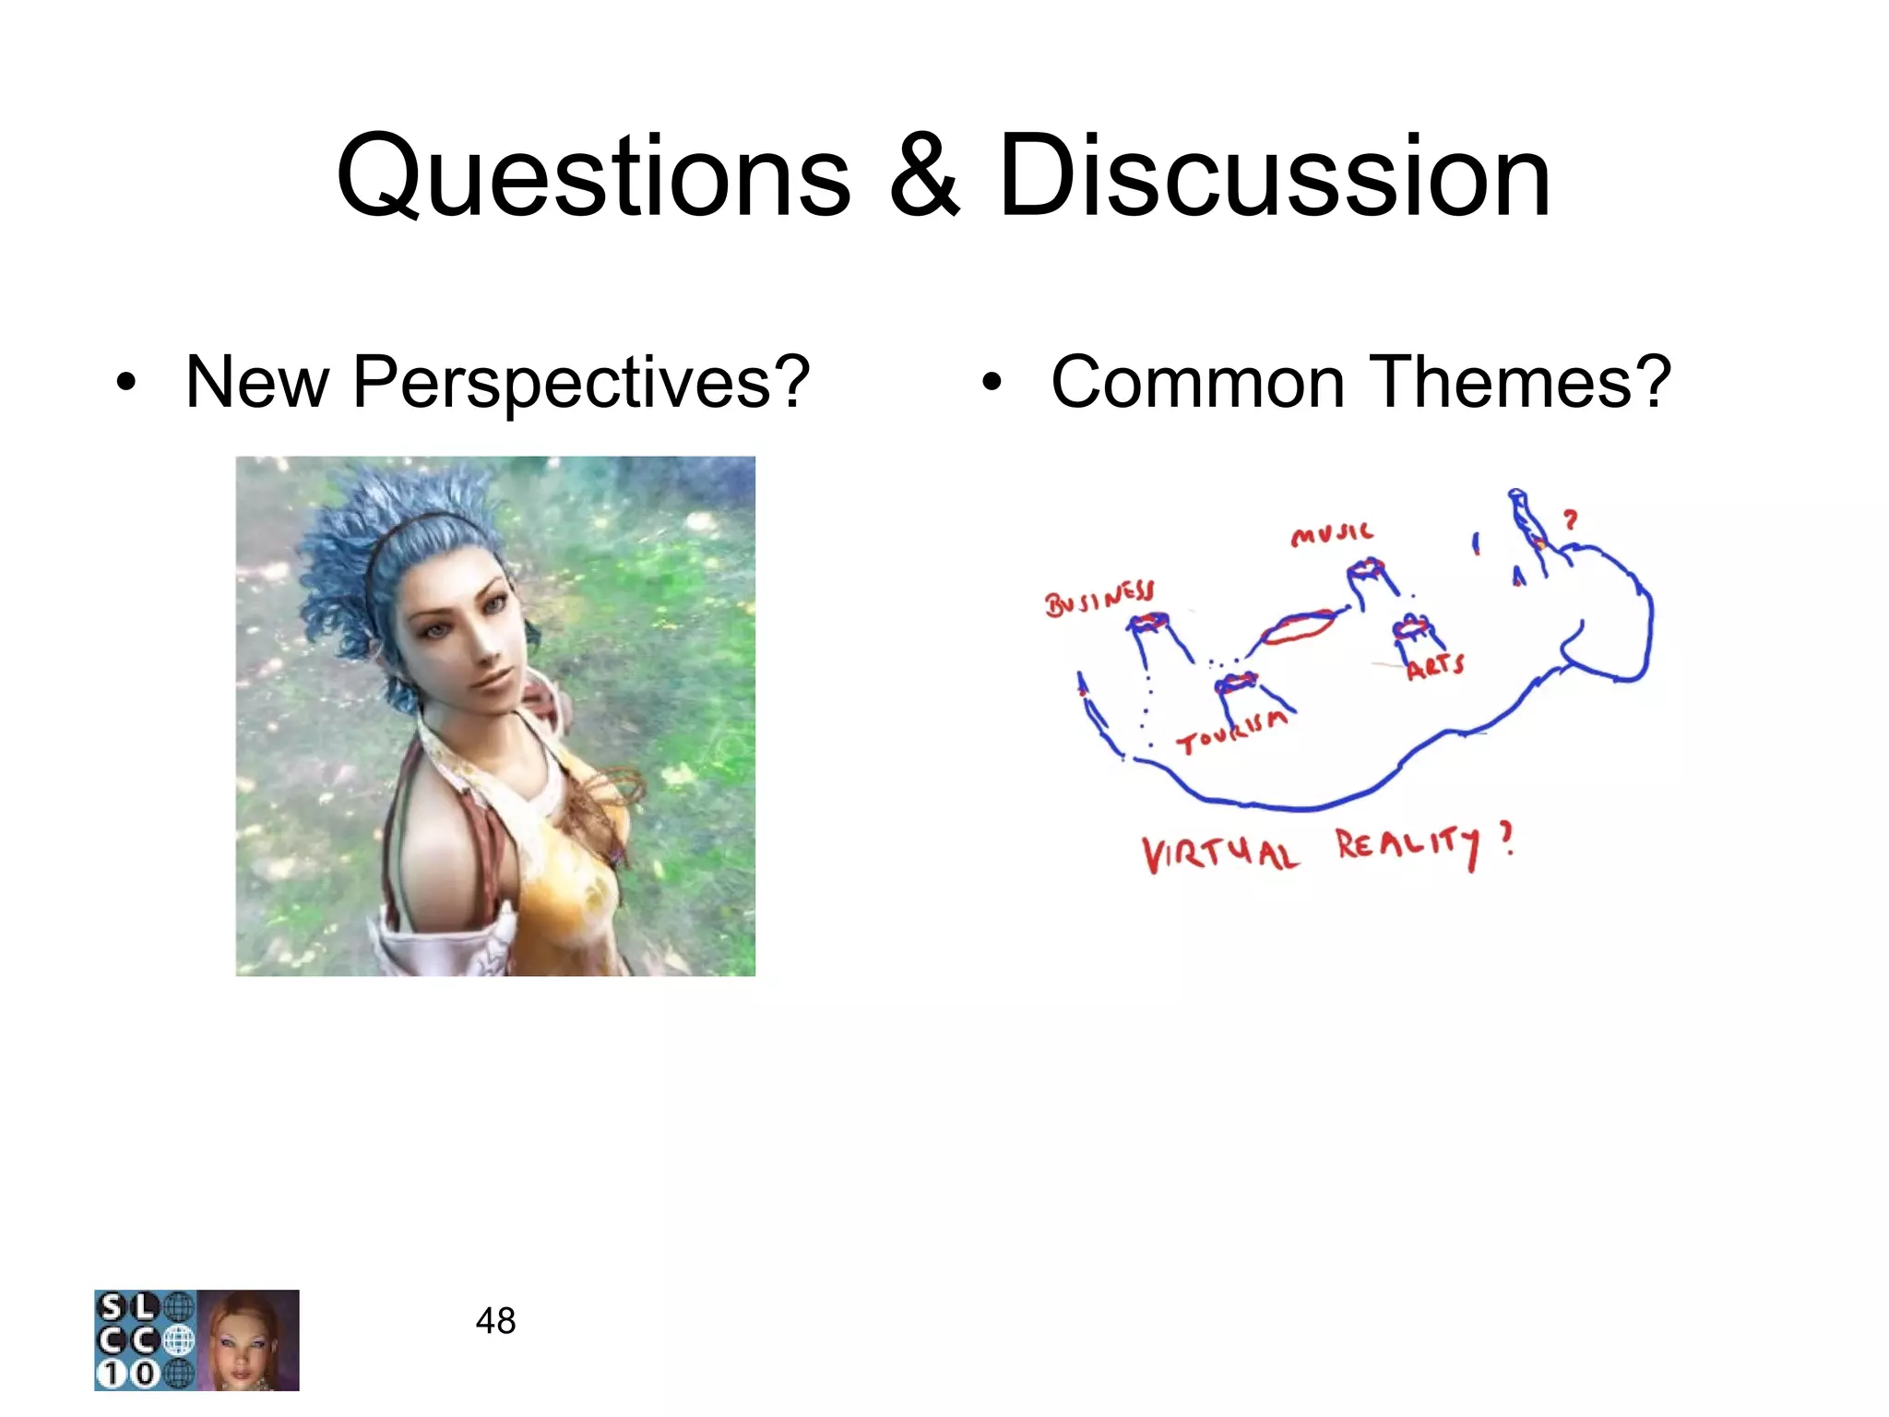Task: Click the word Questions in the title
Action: [x=593, y=177]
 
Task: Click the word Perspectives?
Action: [x=581, y=383]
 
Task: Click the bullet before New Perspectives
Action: [x=126, y=383]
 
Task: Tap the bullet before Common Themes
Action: [x=992, y=383]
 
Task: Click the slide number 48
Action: [x=495, y=1321]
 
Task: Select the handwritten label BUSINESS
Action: [x=1099, y=599]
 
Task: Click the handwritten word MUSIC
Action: [x=1332, y=534]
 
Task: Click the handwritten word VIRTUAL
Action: [x=1220, y=854]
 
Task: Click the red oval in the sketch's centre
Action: [x=1298, y=627]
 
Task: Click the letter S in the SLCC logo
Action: [x=112, y=1307]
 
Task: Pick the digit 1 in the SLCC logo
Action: [x=112, y=1374]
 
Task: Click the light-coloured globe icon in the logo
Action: [x=179, y=1340]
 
